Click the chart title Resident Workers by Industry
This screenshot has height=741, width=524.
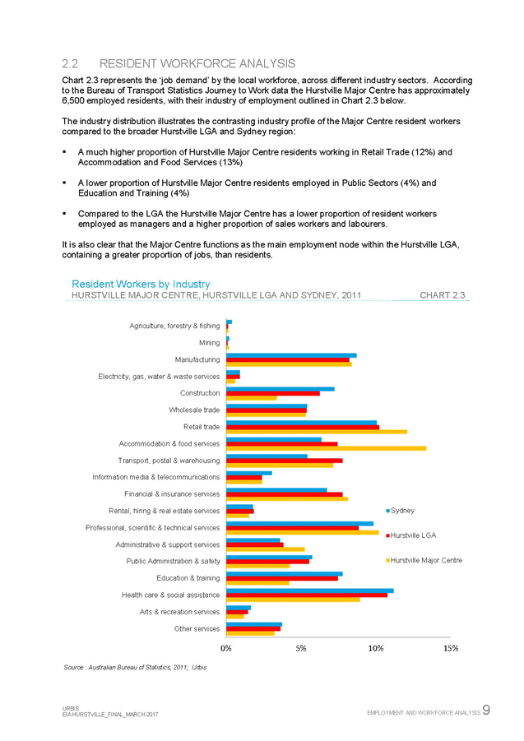[141, 284]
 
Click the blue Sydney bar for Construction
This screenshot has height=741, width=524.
[280, 388]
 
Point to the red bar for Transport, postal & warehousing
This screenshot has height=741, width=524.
[284, 460]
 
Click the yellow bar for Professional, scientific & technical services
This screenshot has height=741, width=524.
[303, 533]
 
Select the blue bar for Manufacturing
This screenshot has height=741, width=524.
[291, 355]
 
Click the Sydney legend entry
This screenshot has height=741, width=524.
[402, 510]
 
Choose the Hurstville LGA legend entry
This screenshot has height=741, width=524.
[412, 535]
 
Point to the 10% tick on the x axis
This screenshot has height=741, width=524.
[377, 648]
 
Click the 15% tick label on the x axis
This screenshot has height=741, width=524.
[451, 648]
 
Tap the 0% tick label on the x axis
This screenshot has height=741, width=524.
[226, 648]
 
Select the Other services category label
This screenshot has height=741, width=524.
[197, 628]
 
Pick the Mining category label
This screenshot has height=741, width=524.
[209, 341]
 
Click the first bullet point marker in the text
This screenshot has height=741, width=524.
[65, 152]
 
